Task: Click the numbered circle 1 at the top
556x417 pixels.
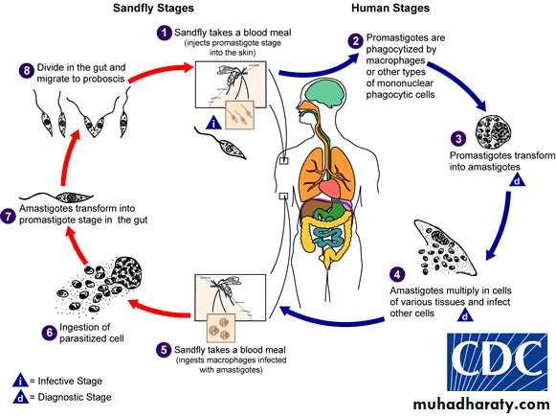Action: coord(165,33)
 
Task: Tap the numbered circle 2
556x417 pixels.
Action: coord(356,41)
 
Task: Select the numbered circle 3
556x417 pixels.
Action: coord(458,138)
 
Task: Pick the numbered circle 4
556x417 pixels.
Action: coord(397,274)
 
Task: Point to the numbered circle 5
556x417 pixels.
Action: coord(164,350)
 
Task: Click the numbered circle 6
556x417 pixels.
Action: coord(49,333)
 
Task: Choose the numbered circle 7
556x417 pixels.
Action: coord(8,217)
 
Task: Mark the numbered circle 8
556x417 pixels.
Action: coord(27,70)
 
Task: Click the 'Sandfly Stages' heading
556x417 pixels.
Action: coord(153,9)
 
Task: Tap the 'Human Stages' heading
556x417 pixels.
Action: coord(390,9)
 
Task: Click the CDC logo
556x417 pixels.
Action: coord(497,362)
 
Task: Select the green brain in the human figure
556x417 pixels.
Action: coord(326,90)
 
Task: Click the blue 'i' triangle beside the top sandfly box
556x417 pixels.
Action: coord(213,123)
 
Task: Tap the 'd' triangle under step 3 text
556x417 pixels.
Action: coord(518,181)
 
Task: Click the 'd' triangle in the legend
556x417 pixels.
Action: coord(20,398)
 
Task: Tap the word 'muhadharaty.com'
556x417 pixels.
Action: coord(481,405)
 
